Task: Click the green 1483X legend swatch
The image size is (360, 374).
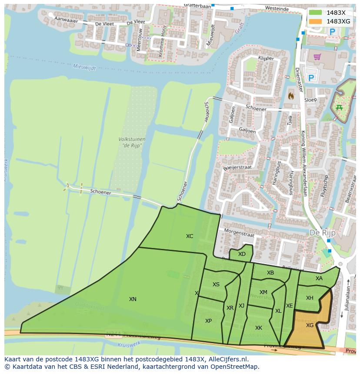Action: (316, 13)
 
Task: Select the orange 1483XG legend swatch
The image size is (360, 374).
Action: (316, 21)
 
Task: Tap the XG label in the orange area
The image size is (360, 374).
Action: (310, 325)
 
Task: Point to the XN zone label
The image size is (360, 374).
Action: (133, 299)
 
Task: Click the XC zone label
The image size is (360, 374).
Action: (190, 236)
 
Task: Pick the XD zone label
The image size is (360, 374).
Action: (242, 254)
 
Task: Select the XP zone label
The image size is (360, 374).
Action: (208, 321)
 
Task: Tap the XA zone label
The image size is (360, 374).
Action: (319, 278)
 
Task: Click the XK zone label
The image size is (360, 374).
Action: (259, 328)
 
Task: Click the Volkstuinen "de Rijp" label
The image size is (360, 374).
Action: (132, 142)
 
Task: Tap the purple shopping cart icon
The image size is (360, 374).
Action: (317, 56)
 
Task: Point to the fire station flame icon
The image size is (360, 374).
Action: (291, 95)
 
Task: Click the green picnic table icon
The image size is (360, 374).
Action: (339, 107)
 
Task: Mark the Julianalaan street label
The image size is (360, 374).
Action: (348, 295)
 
